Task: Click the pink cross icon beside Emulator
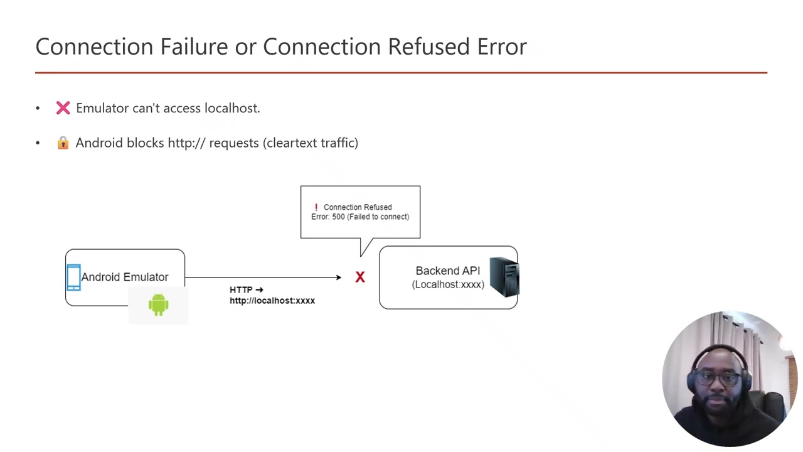tap(63, 108)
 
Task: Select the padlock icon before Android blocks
tap(63, 143)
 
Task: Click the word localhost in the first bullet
tap(231, 108)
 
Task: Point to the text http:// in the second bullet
tap(186, 143)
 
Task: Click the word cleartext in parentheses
tap(292, 143)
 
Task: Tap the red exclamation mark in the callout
tap(316, 207)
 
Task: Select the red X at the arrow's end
tap(360, 277)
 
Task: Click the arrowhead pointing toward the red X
tap(338, 277)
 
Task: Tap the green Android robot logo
tap(158, 304)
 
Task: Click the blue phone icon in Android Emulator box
tap(73, 277)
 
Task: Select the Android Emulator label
tap(124, 277)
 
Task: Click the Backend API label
tap(447, 271)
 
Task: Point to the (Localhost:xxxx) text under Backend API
tap(447, 284)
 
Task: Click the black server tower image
tap(504, 277)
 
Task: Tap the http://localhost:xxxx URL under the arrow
tap(272, 301)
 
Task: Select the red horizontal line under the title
tap(401, 73)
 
